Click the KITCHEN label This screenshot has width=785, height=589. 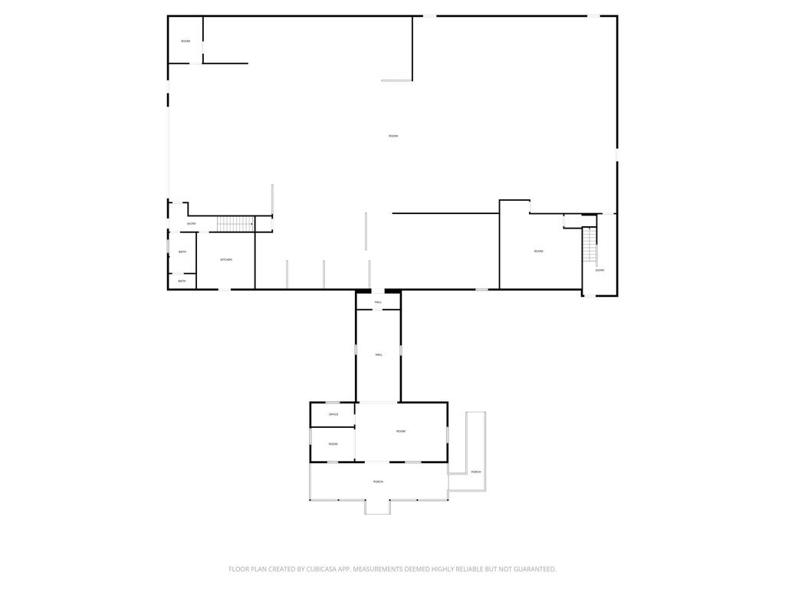pyautogui.click(x=226, y=260)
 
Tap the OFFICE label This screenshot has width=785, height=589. pyautogui.click(x=333, y=414)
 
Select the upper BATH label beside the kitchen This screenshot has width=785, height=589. pyautogui.click(x=182, y=252)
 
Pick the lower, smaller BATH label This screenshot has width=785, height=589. pyautogui.click(x=182, y=281)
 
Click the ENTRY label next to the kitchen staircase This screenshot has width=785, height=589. pyautogui.click(x=192, y=224)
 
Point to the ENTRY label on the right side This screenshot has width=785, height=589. pyautogui.click(x=599, y=270)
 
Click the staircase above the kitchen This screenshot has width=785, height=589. pyautogui.click(x=235, y=224)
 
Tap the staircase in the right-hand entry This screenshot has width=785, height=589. pyautogui.click(x=589, y=246)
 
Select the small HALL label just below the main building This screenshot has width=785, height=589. pyautogui.click(x=378, y=303)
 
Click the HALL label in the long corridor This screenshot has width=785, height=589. pyautogui.click(x=379, y=355)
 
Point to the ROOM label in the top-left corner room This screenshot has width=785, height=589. pyautogui.click(x=186, y=41)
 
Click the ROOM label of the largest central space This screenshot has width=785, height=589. pyautogui.click(x=393, y=137)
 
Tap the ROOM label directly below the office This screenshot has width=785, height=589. pyautogui.click(x=333, y=444)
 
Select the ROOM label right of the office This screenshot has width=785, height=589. pyautogui.click(x=401, y=432)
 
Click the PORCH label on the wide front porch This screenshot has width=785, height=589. pyautogui.click(x=378, y=482)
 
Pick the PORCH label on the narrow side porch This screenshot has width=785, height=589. pyautogui.click(x=476, y=472)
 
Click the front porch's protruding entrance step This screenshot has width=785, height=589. pyautogui.click(x=377, y=507)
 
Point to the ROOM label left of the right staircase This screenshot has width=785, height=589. pyautogui.click(x=539, y=252)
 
